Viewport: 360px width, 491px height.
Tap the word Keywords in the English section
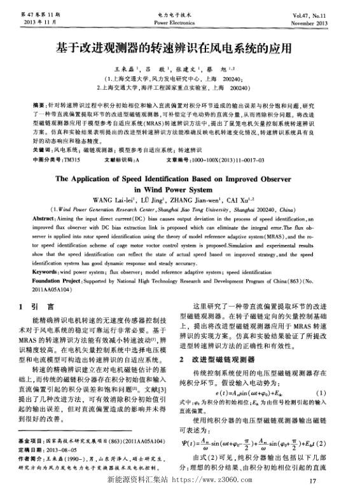45,271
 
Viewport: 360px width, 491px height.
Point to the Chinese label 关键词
42,150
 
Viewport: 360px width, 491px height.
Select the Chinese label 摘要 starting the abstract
39,103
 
